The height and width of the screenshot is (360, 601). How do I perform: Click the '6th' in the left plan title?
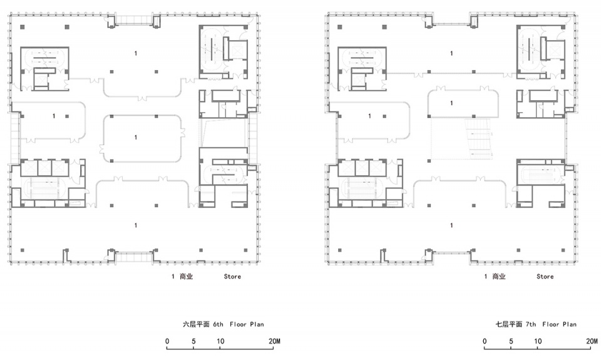click(218, 324)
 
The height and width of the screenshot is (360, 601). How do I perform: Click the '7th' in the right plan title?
click(531, 324)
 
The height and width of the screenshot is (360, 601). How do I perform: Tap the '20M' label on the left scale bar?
click(274, 341)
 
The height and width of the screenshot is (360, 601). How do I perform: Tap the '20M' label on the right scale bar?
click(592, 341)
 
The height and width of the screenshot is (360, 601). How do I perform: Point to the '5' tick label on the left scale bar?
click(193, 341)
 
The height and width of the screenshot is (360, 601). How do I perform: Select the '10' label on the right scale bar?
click(538, 341)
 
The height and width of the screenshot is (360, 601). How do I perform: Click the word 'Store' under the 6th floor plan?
click(232, 277)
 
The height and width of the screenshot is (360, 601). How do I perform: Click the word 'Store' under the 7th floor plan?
click(545, 277)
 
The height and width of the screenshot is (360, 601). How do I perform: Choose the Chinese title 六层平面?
click(196, 324)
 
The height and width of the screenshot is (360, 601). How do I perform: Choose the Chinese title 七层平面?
click(509, 324)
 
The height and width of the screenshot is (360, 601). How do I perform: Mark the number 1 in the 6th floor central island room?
click(136, 137)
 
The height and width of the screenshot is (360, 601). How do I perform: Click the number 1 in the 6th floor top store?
click(136, 53)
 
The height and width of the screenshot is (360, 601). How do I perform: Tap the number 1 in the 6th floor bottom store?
click(136, 225)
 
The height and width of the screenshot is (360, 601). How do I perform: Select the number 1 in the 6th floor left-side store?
click(54, 116)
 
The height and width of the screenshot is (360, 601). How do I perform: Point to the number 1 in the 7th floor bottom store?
click(451, 225)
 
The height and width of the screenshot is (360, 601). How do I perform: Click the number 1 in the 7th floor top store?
click(451, 53)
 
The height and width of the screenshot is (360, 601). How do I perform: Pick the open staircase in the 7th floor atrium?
click(479, 138)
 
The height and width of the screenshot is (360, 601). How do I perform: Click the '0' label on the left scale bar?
click(167, 341)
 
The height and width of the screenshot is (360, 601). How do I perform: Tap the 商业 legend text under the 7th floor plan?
click(499, 277)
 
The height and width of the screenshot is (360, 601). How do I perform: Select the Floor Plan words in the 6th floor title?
click(247, 324)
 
